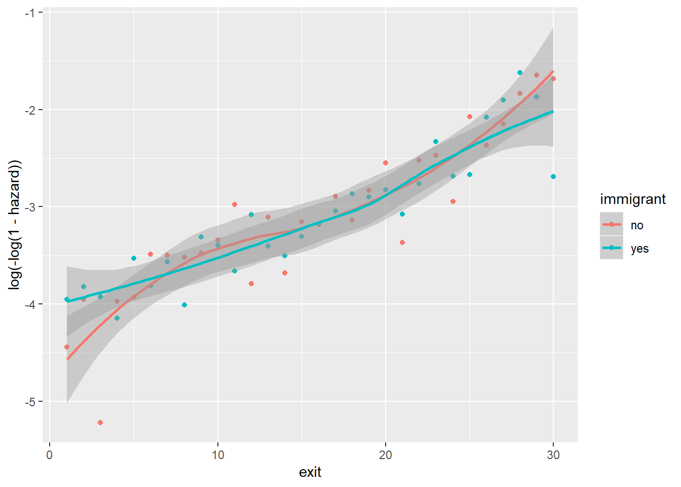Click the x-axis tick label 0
coord(50,455)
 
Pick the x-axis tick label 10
coord(218,455)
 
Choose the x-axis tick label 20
coord(386,455)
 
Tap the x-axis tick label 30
coord(553,455)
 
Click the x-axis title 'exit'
coord(310,472)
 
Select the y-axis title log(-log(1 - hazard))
coord(15,225)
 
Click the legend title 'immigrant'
coord(632,199)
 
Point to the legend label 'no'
coord(637,225)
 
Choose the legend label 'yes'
coord(639,249)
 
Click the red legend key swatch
coord(612,224)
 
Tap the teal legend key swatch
coord(612,248)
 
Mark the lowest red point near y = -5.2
coord(100,423)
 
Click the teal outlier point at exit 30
coord(553,177)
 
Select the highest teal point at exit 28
coord(520,73)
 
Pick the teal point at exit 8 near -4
coord(184,305)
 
